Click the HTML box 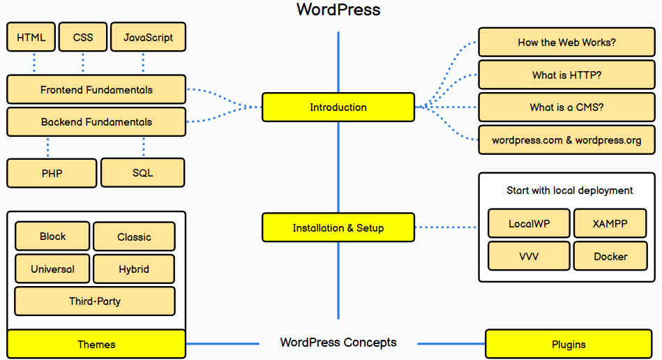click(31, 37)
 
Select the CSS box click(82, 37)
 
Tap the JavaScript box click(148, 37)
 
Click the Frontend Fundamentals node click(96, 90)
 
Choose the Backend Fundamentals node click(96, 122)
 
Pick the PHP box click(52, 174)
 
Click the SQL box click(142, 173)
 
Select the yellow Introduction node click(338, 107)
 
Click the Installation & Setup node click(338, 228)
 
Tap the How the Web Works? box click(566, 43)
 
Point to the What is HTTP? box click(566, 75)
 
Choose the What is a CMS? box click(566, 107)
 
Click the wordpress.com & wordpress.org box click(566, 140)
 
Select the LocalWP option click(529, 224)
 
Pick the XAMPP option click(610, 224)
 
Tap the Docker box click(610, 257)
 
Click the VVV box click(529, 257)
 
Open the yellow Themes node click(96, 344)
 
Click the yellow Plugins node click(569, 344)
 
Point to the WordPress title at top click(338, 10)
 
